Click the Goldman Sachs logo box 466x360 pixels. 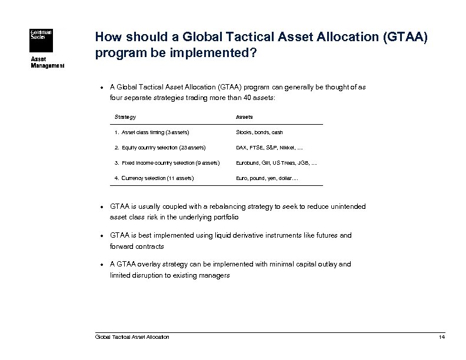[41, 38]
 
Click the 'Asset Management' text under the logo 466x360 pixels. [46, 62]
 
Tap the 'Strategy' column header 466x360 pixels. [125, 117]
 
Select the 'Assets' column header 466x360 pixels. [244, 117]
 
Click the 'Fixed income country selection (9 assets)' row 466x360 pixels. [167, 162]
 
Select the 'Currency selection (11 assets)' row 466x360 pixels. [154, 178]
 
